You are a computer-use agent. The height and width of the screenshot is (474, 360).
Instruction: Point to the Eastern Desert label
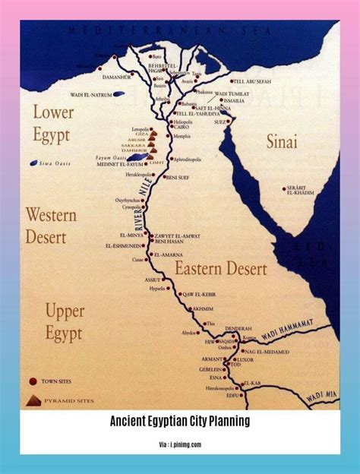[220, 268]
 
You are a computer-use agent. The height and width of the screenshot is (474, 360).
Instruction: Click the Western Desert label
[51, 226]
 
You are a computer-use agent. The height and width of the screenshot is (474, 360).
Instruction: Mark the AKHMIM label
[203, 309]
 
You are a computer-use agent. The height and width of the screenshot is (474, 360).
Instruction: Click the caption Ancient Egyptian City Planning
[180, 421]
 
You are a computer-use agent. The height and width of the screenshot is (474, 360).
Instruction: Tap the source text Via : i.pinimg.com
[180, 444]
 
